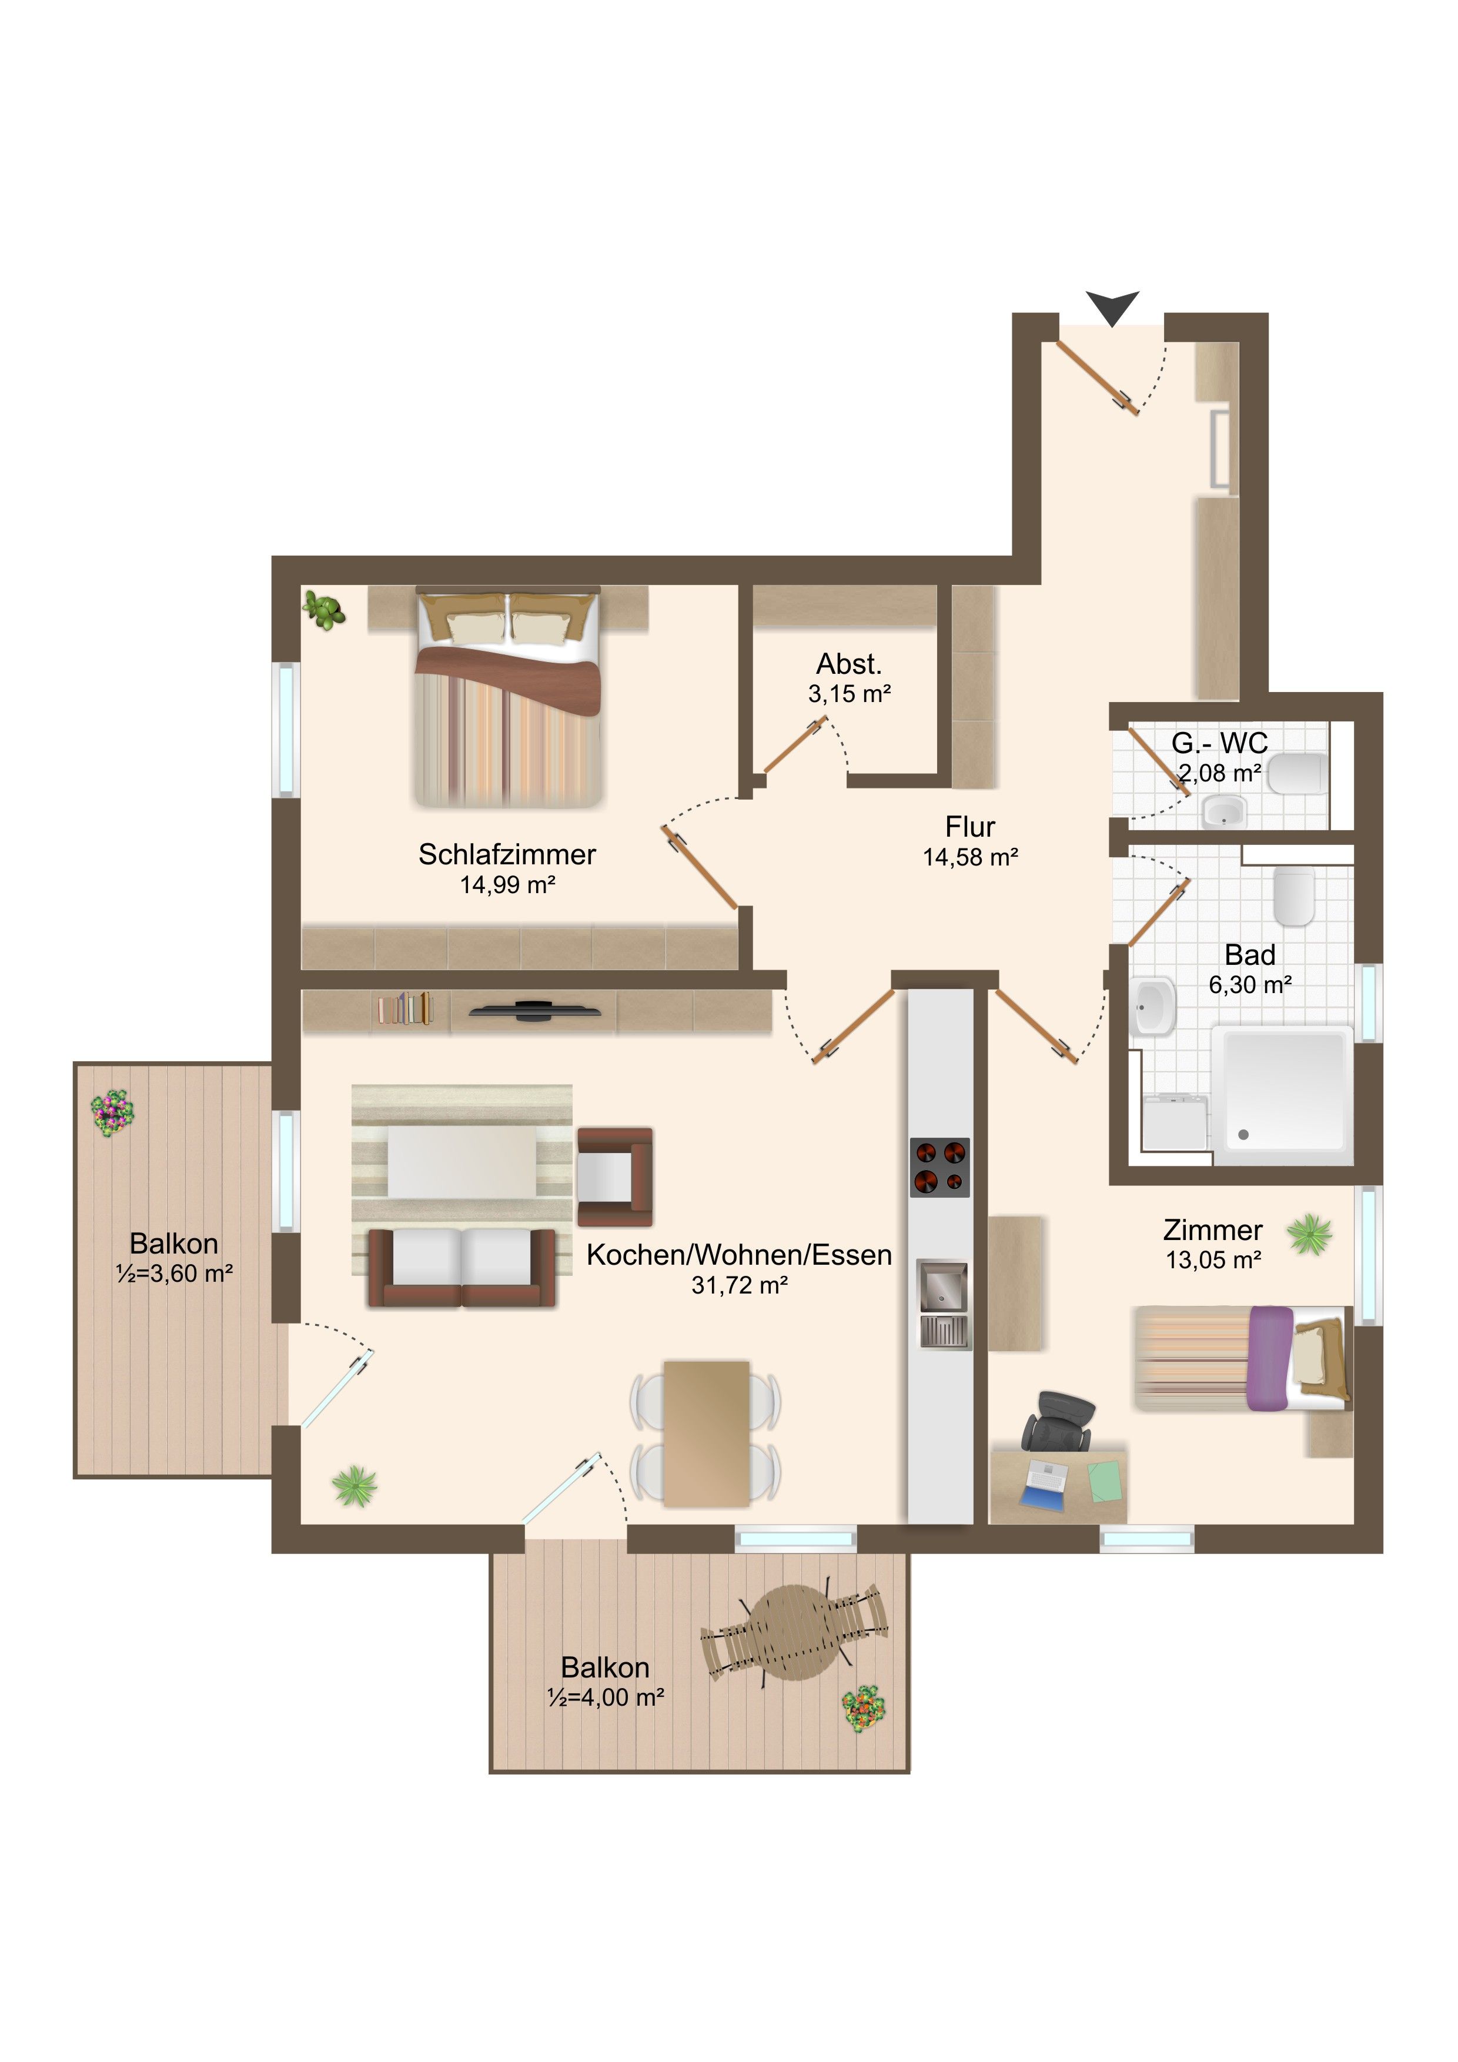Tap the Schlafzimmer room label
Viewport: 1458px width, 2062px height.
[x=507, y=854]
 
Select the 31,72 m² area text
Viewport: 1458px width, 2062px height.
[x=740, y=1285]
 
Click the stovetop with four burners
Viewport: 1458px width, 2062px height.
[x=940, y=1168]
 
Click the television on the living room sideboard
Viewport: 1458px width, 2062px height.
[x=535, y=1010]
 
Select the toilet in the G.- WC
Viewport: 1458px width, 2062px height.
[x=1296, y=773]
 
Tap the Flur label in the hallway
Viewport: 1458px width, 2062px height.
[x=969, y=826]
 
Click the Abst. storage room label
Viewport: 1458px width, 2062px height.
[x=850, y=664]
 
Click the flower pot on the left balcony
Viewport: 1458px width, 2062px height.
[x=112, y=1114]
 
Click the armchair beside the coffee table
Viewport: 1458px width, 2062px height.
[x=614, y=1177]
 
